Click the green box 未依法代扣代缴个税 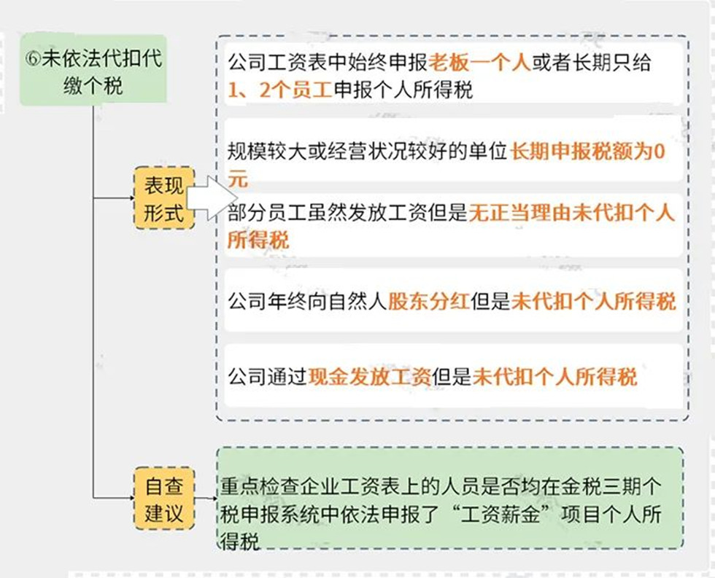pyautogui.click(x=93, y=70)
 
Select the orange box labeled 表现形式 pyautogui.click(x=164, y=198)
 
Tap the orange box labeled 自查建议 pyautogui.click(x=164, y=498)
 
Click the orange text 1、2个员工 pyautogui.click(x=280, y=90)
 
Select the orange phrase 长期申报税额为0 pyautogui.click(x=588, y=151)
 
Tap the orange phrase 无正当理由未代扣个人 pyautogui.click(x=571, y=213)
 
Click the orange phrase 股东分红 pyautogui.click(x=429, y=301)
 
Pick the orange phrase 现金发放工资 pyautogui.click(x=370, y=377)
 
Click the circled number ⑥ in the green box pyautogui.click(x=32, y=59)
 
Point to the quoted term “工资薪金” pyautogui.click(x=500, y=515)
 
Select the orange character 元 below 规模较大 pyautogui.click(x=238, y=179)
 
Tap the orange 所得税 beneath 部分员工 pyautogui.click(x=258, y=240)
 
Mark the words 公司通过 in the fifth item pyautogui.click(x=267, y=377)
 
